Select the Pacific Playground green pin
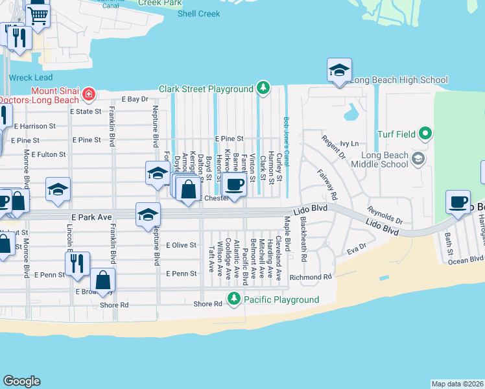point(233,300)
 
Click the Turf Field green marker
point(425,134)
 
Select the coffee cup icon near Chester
point(233,185)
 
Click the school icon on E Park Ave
point(147,215)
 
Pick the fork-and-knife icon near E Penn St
point(77,264)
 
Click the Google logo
point(22,381)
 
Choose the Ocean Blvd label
point(467,260)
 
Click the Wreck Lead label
point(25,77)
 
